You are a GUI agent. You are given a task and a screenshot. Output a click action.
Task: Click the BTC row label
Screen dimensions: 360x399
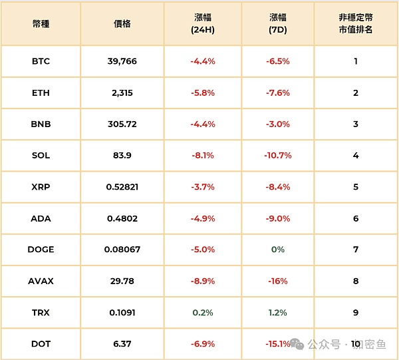(x=41, y=61)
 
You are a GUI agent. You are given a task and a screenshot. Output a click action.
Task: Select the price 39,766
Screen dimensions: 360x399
(x=122, y=61)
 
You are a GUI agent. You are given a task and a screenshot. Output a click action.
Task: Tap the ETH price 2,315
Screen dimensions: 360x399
(x=122, y=92)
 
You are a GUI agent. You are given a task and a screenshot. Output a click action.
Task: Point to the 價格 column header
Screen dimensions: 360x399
(x=122, y=23)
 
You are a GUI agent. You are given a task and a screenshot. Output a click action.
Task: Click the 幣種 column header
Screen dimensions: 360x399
(x=41, y=23)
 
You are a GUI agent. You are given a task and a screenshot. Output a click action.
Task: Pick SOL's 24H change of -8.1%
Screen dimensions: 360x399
(x=202, y=156)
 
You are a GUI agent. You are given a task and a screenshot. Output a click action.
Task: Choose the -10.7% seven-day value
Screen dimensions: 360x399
(x=278, y=156)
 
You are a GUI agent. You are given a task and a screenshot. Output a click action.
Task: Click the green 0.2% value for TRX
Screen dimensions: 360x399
(x=202, y=313)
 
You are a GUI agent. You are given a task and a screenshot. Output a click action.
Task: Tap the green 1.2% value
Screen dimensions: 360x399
(x=278, y=313)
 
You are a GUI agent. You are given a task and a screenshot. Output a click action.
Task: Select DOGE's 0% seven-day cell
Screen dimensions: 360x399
(x=278, y=250)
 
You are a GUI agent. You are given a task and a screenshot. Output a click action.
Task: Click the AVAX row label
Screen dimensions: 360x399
(x=41, y=281)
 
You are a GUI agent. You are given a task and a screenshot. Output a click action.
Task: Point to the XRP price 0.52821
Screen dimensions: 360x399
(x=122, y=187)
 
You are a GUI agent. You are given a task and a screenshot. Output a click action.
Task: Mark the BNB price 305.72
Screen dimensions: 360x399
(x=122, y=124)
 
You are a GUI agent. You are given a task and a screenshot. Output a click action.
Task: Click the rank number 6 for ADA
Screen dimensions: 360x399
(x=356, y=218)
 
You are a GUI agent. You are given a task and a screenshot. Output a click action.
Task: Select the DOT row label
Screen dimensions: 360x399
(x=41, y=344)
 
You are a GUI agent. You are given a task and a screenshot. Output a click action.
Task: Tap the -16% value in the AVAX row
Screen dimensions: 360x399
(x=278, y=281)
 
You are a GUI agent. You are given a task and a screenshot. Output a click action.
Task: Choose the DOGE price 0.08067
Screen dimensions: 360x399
(x=122, y=250)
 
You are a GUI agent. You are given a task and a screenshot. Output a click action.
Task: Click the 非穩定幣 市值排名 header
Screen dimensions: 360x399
(x=356, y=23)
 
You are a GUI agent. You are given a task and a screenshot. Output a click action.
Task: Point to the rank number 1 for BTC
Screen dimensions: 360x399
(x=356, y=61)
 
